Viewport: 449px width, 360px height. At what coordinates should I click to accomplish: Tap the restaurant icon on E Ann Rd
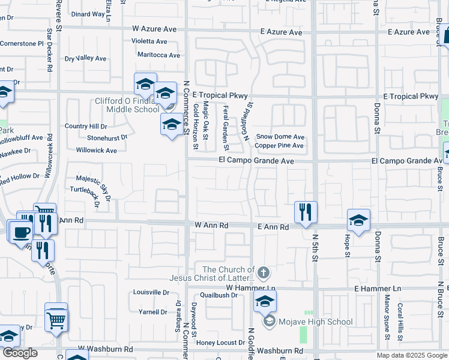pos(306,212)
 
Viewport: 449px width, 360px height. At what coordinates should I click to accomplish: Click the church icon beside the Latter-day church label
pos(265,274)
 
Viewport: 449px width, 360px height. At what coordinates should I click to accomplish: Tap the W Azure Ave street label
pos(155,29)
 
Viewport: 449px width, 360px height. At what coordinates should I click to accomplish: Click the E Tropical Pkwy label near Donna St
pos(411,96)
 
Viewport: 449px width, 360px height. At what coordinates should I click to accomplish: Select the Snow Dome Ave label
pos(280,137)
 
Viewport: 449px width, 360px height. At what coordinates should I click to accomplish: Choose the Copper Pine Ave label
pos(279,146)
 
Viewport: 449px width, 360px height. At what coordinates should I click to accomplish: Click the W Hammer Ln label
pos(250,288)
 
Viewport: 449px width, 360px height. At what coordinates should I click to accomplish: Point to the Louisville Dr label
pos(151,293)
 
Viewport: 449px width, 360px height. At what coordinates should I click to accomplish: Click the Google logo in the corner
pos(20,353)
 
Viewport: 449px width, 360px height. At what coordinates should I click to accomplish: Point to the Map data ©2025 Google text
pos(412,355)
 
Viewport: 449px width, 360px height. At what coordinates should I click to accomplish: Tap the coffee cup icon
pos(21,232)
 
